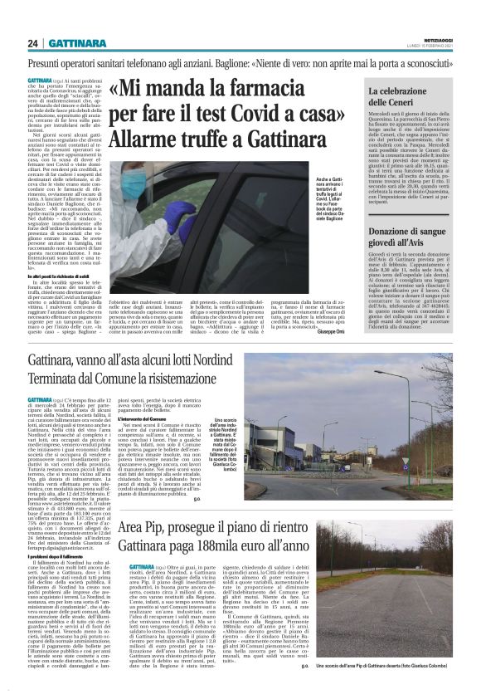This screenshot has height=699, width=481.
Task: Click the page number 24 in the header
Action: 31,43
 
